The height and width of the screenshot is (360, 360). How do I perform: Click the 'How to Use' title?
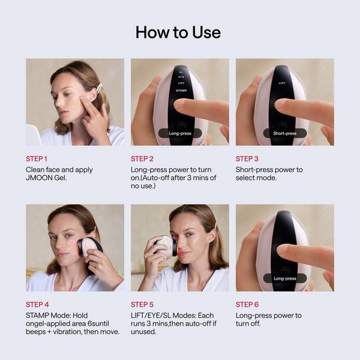(178, 32)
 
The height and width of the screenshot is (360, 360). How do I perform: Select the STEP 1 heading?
(37, 158)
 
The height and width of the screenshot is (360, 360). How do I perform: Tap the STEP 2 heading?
(142, 158)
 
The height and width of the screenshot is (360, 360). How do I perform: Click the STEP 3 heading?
(247, 158)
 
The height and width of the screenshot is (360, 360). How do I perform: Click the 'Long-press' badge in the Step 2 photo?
(180, 133)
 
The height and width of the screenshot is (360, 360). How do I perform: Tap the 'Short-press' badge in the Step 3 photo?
(284, 133)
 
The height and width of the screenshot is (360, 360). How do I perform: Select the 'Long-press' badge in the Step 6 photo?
(285, 278)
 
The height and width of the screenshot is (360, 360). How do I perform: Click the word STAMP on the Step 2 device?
(181, 91)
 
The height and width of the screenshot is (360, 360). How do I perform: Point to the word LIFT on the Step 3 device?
(282, 83)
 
